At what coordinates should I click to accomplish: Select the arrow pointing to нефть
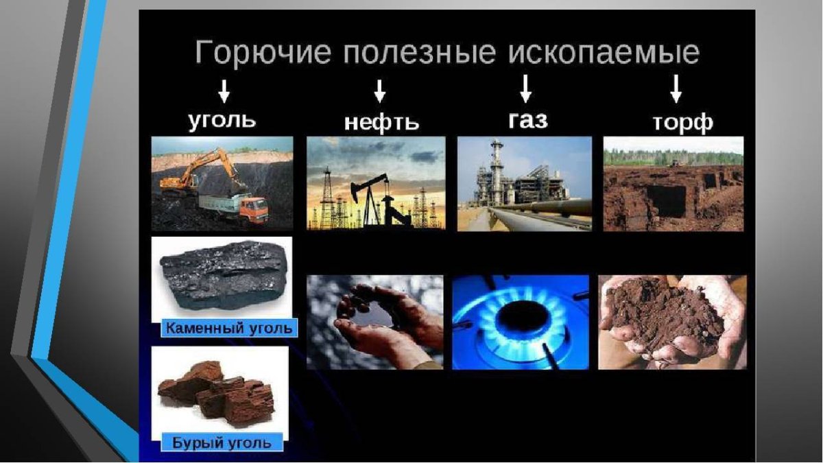(x=379, y=91)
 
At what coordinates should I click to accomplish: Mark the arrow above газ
(x=526, y=88)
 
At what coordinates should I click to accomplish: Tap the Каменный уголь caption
(x=228, y=328)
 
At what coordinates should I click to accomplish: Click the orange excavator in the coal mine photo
(x=189, y=171)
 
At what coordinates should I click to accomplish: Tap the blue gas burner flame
(x=521, y=319)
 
